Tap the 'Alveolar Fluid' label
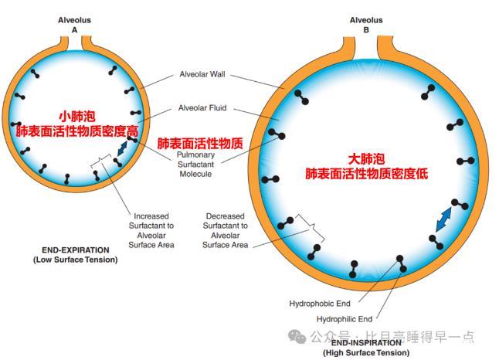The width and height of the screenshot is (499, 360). (202, 107)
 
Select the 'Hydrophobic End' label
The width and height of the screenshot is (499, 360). (319, 303)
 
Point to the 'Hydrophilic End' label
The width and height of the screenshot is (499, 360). (345, 318)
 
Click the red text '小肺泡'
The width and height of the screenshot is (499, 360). (77, 117)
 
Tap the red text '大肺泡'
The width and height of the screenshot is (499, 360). (366, 159)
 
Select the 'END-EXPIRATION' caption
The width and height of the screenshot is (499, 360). (75, 250)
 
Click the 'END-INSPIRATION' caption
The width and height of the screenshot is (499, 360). (366, 343)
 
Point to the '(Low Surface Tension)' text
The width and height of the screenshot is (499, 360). (75, 260)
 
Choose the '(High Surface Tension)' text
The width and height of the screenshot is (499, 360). (366, 352)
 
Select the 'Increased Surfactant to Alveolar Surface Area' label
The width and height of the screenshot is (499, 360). (154, 230)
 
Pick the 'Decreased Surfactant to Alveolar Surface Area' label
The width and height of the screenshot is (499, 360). (226, 230)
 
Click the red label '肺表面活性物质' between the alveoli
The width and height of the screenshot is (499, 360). (201, 144)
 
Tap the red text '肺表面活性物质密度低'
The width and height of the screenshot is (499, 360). (366, 174)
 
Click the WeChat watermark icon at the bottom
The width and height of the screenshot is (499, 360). (297, 336)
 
